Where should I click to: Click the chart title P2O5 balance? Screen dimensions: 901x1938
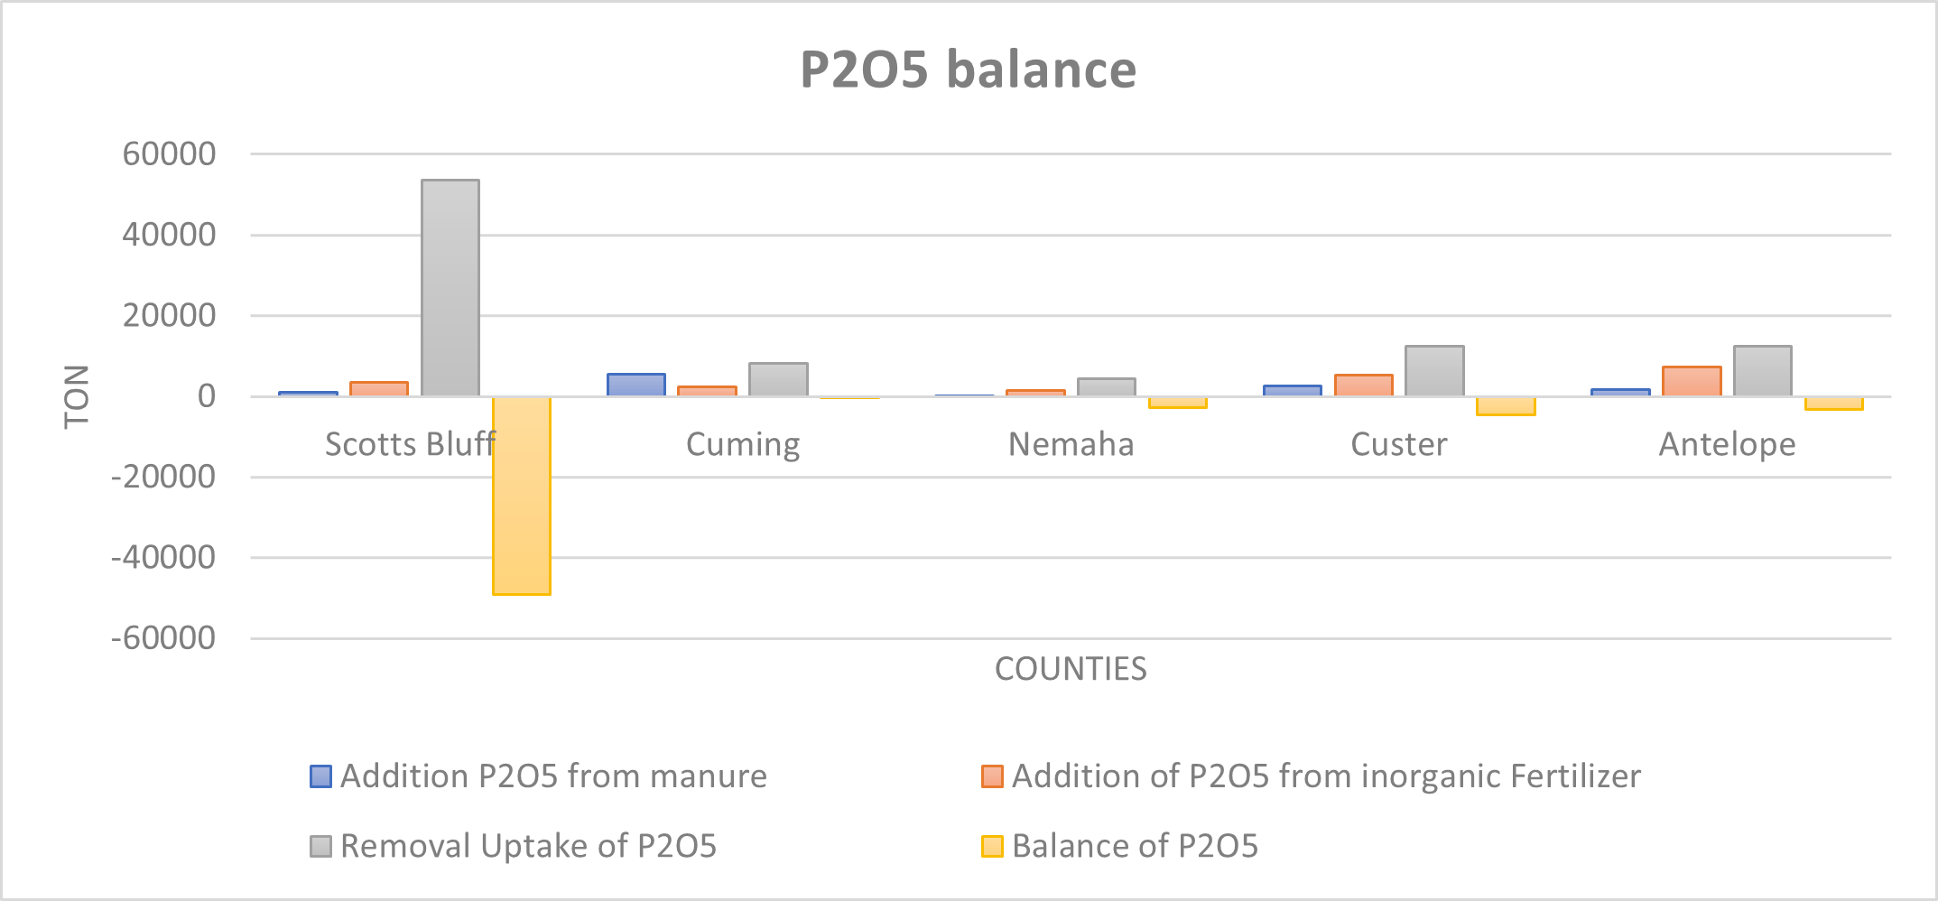coord(968,70)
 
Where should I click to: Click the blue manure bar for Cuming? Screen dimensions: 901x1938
coord(636,385)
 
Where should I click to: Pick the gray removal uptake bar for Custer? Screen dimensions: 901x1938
coord(1434,371)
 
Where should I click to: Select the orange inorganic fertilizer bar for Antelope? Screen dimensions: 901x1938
coord(1692,382)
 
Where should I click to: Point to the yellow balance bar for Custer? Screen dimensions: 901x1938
coord(1506,406)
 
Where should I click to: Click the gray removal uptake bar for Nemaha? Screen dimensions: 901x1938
coord(1107,387)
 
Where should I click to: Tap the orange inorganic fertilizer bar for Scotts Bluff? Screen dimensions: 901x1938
coord(379,389)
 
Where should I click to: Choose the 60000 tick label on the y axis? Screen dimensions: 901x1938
coord(170,154)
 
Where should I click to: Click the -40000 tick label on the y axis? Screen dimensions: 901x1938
coord(163,558)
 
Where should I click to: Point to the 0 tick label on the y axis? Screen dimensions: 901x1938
coord(207,396)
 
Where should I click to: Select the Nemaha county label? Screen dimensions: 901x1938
coord(1071,444)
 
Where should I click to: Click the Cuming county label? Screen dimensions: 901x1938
coord(743,444)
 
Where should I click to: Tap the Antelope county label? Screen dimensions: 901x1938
coord(1727,444)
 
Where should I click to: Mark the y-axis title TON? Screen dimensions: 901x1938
coord(78,396)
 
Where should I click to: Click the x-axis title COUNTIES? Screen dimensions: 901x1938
coord(1071,669)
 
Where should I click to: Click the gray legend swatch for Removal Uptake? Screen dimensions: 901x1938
coord(320,846)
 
